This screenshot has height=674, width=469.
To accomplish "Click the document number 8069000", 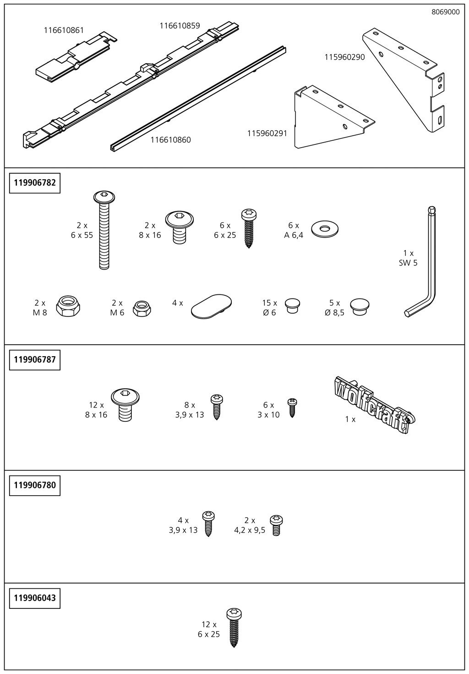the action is click(x=446, y=12).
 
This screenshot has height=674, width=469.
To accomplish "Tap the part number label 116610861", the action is click(x=64, y=30).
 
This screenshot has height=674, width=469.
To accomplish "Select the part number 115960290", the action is click(x=344, y=57).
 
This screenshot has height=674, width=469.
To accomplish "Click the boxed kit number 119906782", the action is click(x=35, y=183).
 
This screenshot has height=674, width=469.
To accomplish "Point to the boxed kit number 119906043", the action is click(x=35, y=597).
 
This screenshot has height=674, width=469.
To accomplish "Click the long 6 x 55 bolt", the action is click(x=104, y=230).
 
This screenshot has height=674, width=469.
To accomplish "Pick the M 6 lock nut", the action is click(x=142, y=308).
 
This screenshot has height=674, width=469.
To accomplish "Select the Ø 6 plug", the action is click(x=293, y=306).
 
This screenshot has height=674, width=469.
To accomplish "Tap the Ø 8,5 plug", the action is click(x=360, y=307).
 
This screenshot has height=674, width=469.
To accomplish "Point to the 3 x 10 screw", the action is click(x=292, y=408).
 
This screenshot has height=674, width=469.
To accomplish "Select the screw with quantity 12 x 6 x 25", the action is click(x=234, y=628).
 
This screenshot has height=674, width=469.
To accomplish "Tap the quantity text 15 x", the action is click(x=269, y=303).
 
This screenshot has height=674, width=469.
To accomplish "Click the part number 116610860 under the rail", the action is click(x=171, y=140).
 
